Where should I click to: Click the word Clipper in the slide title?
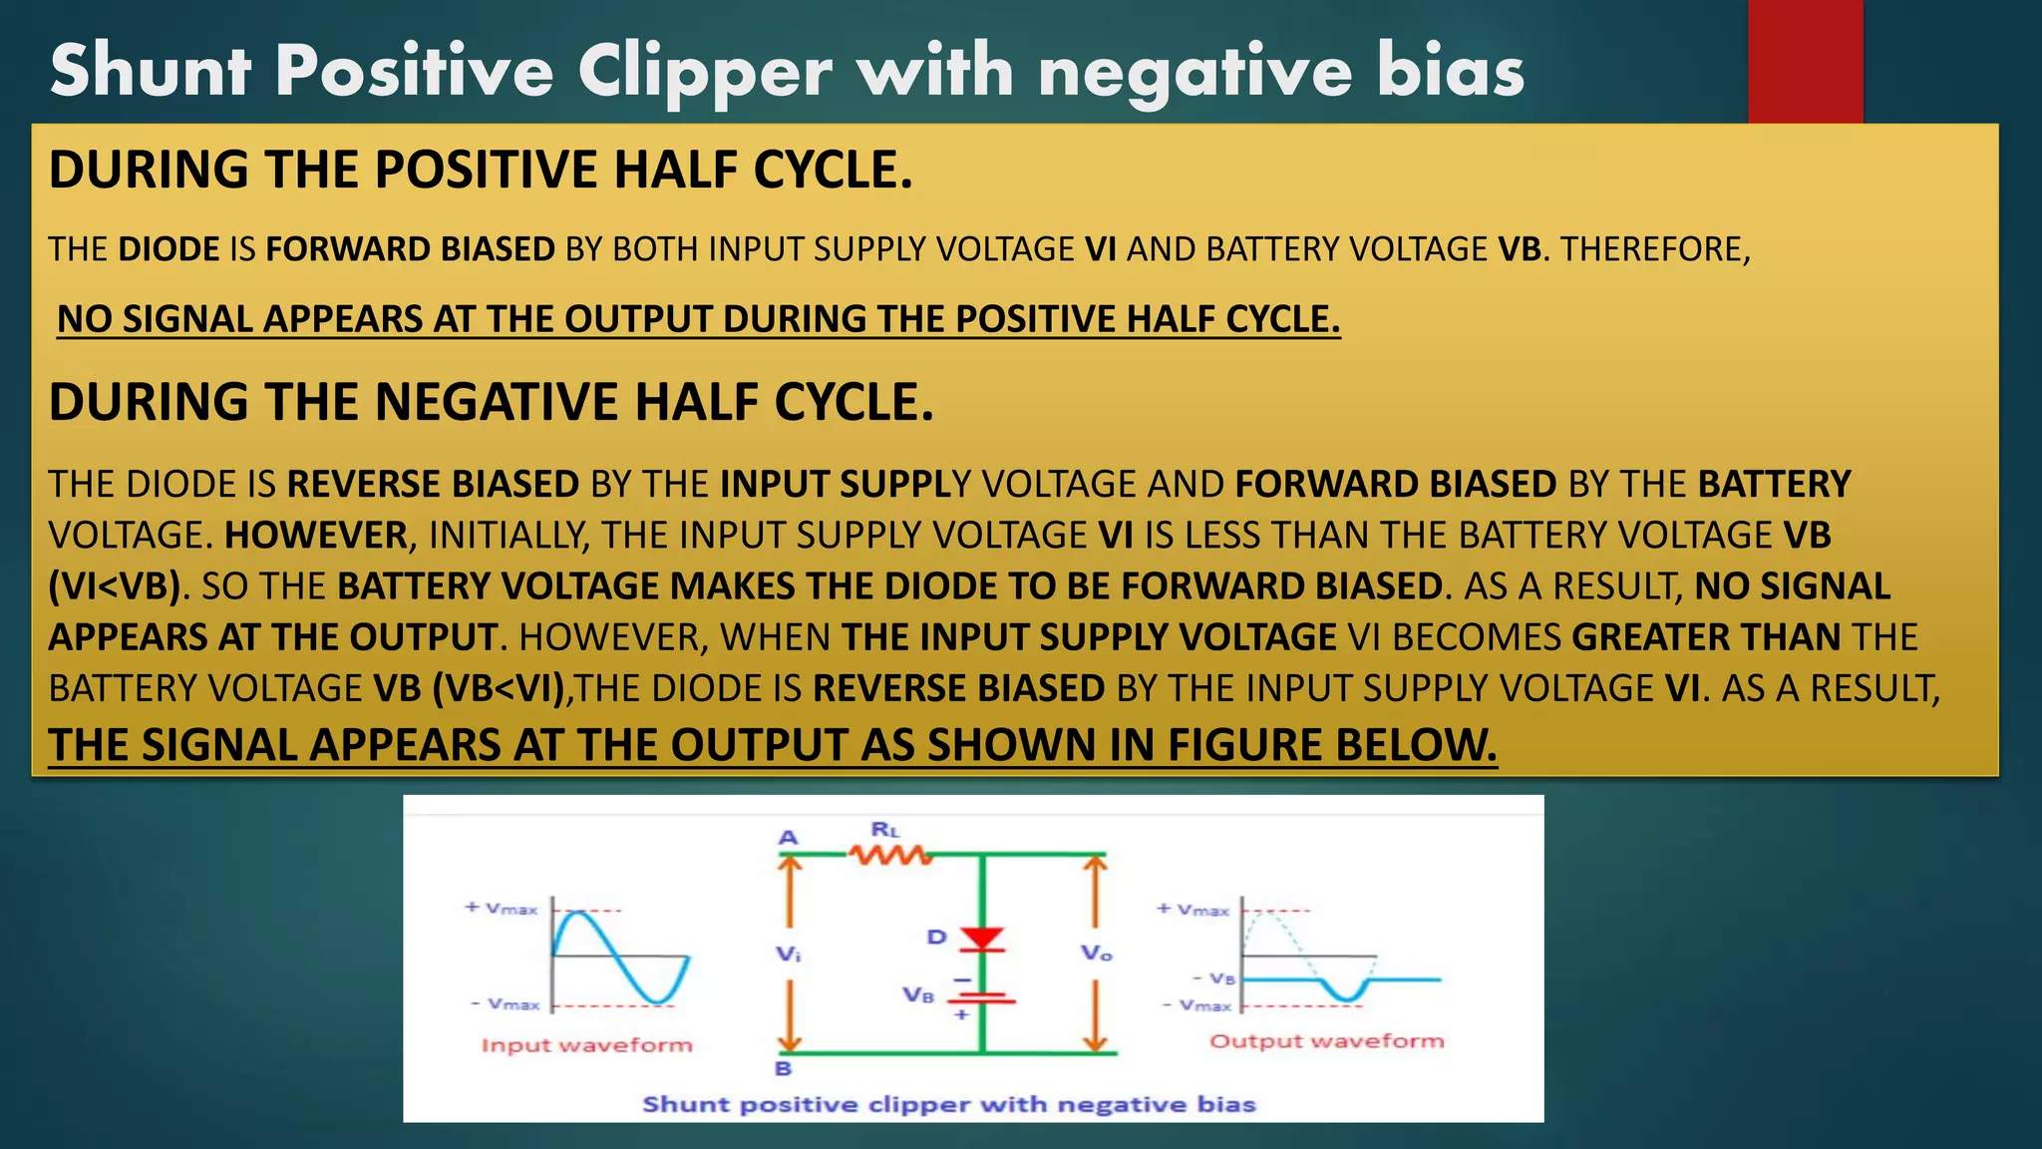click(x=704, y=72)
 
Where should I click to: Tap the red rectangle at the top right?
click(x=1805, y=60)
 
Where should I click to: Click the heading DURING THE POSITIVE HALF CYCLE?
click(x=480, y=170)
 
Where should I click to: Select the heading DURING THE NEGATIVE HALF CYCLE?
click(x=491, y=402)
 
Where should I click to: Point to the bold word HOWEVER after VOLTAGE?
click(x=316, y=536)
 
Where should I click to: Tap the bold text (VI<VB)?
click(x=115, y=586)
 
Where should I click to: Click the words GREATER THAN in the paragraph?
click(x=1706, y=637)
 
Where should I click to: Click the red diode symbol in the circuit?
click(x=981, y=939)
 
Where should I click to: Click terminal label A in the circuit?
click(x=788, y=838)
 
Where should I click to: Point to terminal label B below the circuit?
click(x=784, y=1069)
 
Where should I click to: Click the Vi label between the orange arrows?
click(x=788, y=955)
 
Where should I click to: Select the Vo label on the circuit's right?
click(x=1096, y=954)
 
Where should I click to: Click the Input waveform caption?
click(x=586, y=1045)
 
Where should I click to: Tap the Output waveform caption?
click(x=1326, y=1041)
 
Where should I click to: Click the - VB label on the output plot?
click(x=1214, y=979)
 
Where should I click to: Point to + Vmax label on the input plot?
click(x=502, y=909)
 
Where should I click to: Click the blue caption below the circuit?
click(x=948, y=1104)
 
